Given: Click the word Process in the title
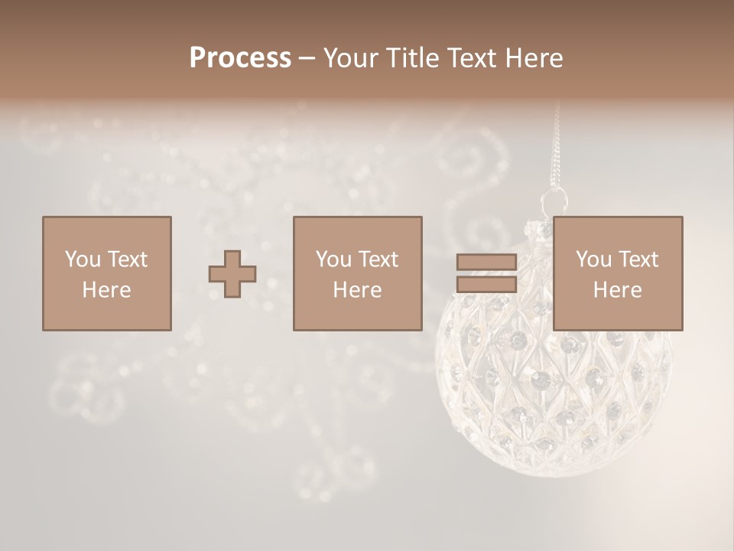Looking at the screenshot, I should coord(240,58).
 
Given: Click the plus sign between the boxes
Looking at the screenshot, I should coord(232,274).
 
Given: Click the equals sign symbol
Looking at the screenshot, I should coord(486,273).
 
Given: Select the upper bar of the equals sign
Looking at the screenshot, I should coord(486,262).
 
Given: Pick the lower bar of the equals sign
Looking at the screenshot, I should coord(486,284).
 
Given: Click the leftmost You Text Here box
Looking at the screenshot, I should coord(106,273).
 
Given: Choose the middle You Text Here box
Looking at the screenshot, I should coord(357,273).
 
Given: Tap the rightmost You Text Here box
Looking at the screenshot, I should coord(617,273).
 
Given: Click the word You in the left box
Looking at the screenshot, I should coord(83,259).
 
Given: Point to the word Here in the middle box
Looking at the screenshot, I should coord(357,290).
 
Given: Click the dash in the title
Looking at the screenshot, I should coord(307,58).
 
